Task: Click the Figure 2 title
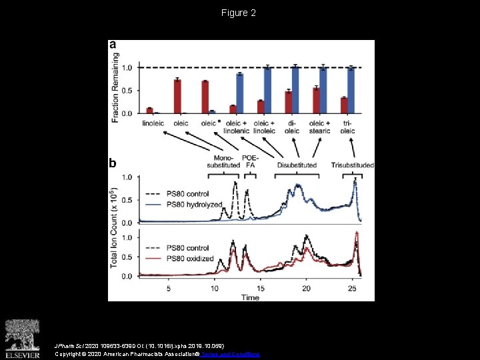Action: pyautogui.click(x=239, y=13)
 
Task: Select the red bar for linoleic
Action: pyautogui.click(x=149, y=111)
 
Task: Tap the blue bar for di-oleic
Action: pyautogui.click(x=295, y=90)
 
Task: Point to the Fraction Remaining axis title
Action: pyautogui.click(x=116, y=84)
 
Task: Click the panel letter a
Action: pyautogui.click(x=113, y=45)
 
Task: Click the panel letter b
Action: pyautogui.click(x=113, y=163)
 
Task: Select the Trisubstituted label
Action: pyautogui.click(x=352, y=165)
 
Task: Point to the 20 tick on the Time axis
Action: pyautogui.click(x=306, y=289)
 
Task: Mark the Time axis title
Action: pyautogui.click(x=251, y=297)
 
